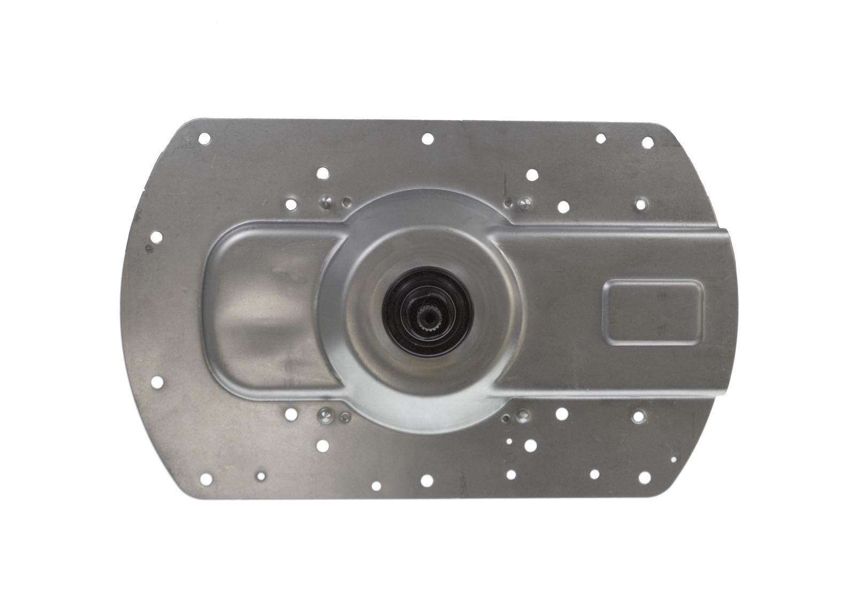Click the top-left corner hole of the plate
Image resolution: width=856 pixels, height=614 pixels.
tap(203, 138)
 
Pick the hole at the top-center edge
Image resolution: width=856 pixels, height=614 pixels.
tap(427, 139)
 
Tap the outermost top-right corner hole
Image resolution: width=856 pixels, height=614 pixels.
tap(647, 142)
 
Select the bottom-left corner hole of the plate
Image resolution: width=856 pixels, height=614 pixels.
tap(204, 477)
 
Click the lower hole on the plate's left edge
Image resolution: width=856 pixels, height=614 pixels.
tap(156, 381)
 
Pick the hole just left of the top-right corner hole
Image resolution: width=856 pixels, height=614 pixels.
tap(601, 139)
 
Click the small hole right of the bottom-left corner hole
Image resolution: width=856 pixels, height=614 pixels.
tap(261, 474)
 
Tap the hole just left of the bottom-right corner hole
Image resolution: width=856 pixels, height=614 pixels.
tap(594, 474)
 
